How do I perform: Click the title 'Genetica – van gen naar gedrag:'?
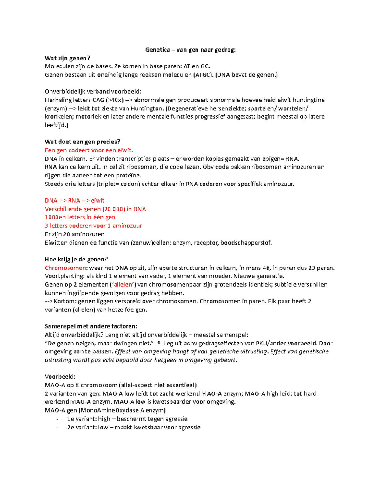190,50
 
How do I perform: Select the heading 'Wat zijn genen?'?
67,58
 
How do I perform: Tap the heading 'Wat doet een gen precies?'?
83,142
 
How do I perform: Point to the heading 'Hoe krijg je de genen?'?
76,259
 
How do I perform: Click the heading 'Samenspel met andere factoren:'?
91,326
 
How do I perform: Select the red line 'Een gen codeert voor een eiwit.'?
89,150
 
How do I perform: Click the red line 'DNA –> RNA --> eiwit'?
74,201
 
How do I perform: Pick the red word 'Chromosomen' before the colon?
65,268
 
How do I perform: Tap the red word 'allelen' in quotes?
123,285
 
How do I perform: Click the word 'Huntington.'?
147,108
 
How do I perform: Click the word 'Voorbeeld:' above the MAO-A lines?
60,377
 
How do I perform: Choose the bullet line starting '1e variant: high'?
127,419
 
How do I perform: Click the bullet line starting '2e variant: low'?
133,427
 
